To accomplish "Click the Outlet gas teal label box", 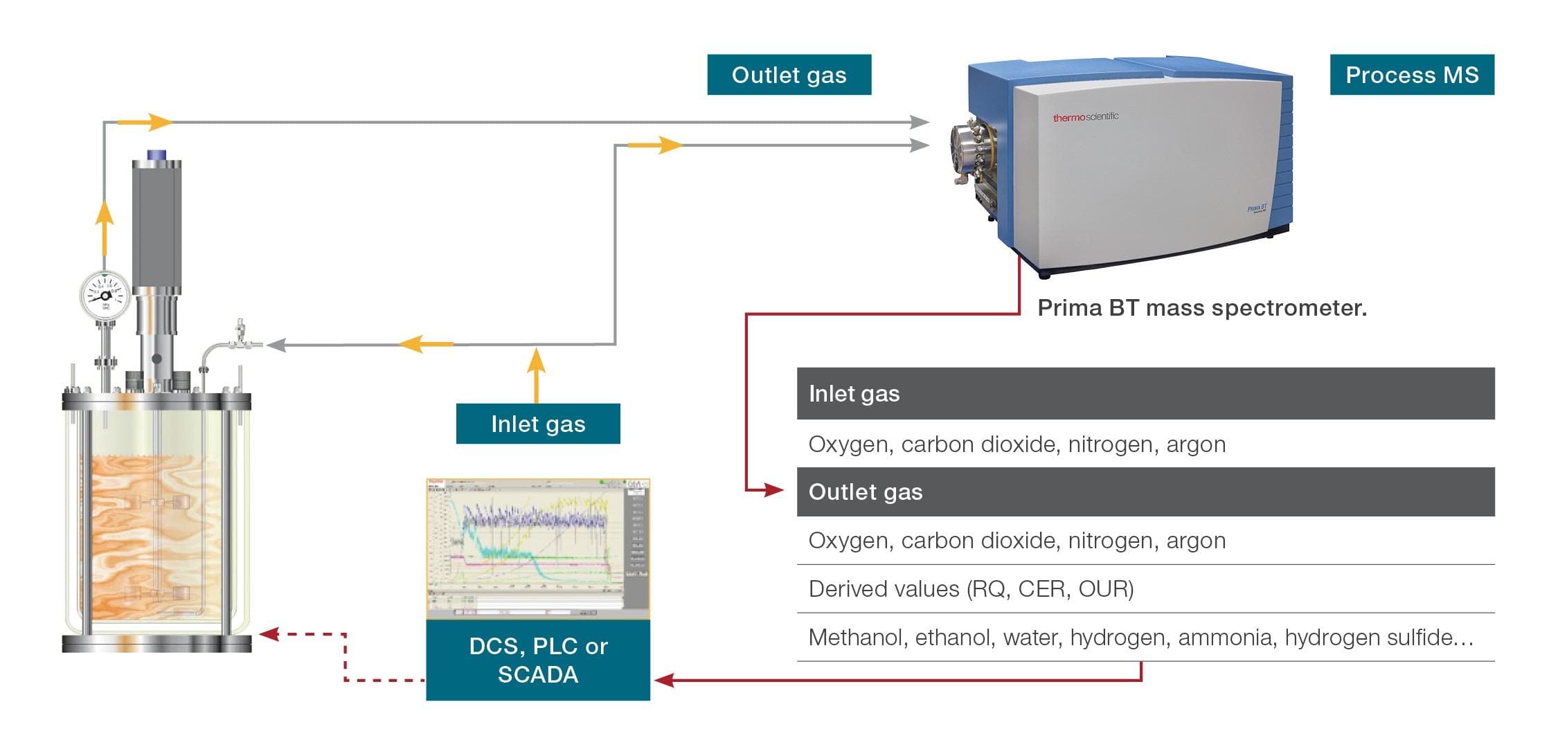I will [x=789, y=75].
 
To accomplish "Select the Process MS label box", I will [x=1411, y=75].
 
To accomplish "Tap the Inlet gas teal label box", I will [x=537, y=424].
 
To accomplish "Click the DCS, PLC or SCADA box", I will [x=537, y=660].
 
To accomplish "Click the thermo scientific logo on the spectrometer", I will [x=1085, y=117].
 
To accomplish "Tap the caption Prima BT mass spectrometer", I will [x=1201, y=308].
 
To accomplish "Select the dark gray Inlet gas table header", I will [x=1145, y=393].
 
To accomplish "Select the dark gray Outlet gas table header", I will [x=1145, y=492].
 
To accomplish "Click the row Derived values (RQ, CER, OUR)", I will [x=971, y=589].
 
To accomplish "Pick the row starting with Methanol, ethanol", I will [x=1140, y=637].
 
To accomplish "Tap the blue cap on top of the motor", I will [x=157, y=154].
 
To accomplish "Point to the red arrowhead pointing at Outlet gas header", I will [x=775, y=490].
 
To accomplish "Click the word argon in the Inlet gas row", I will [x=1196, y=444].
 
